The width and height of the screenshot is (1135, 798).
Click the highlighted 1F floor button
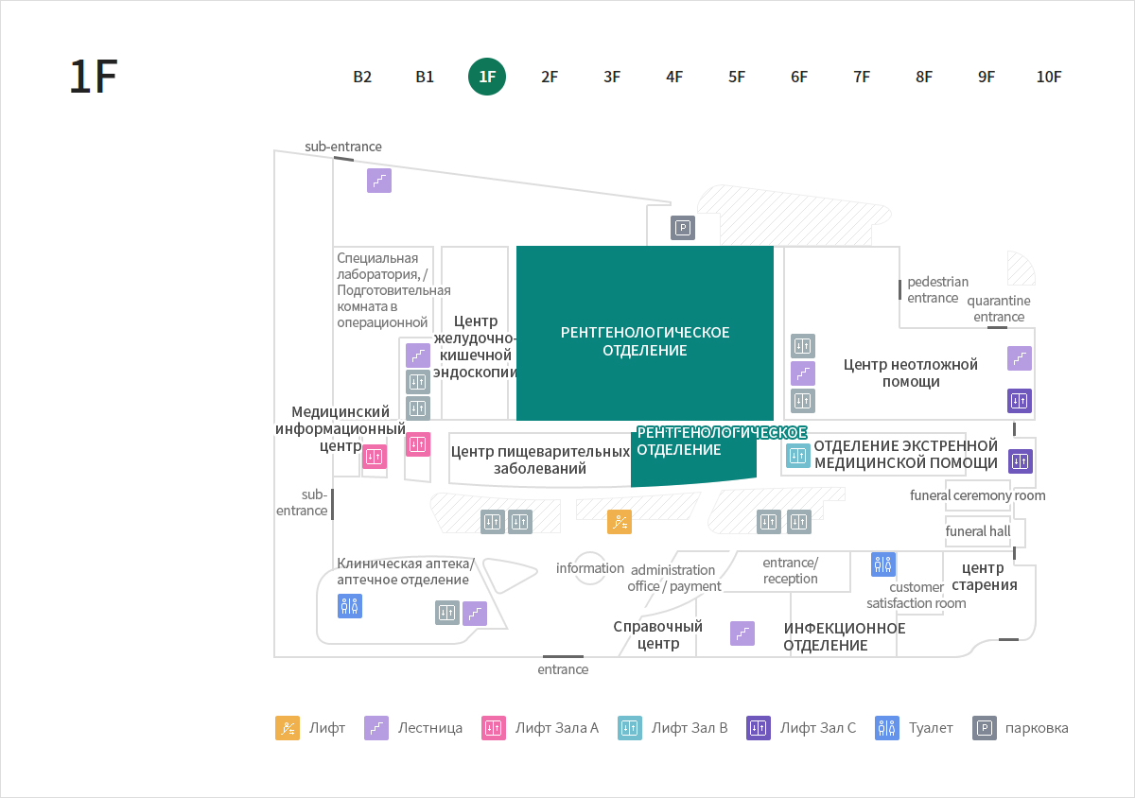coord(487,77)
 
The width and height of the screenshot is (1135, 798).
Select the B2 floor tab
coord(362,77)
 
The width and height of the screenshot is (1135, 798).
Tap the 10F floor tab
coord(1049,77)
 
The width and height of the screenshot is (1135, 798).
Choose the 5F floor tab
coord(737,77)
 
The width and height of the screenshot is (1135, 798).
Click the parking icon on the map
coord(683,228)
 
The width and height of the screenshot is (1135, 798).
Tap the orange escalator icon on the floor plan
coord(620,522)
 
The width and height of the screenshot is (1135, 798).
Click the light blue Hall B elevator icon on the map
coord(797,456)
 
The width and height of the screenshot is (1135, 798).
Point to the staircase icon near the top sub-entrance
coord(379,181)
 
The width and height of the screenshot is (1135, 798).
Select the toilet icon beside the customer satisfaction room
coord(883,564)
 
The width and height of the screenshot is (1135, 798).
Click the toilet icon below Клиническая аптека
coord(350,606)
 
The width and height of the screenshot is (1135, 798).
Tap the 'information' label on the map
coord(590,568)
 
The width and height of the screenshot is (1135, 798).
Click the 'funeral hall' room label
coord(977,531)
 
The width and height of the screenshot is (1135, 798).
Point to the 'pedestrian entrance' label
coord(937,290)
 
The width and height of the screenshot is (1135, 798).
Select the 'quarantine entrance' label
coord(999,308)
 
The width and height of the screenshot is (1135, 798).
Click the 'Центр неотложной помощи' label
coord(911,373)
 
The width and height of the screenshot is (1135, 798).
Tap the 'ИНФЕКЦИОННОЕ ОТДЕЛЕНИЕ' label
coord(844,637)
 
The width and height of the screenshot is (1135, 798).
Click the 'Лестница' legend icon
coord(376,728)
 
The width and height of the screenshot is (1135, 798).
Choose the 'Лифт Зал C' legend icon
coord(758,728)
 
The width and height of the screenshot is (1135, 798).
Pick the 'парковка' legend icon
coord(985,728)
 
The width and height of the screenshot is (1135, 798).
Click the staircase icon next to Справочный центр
coord(742,633)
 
